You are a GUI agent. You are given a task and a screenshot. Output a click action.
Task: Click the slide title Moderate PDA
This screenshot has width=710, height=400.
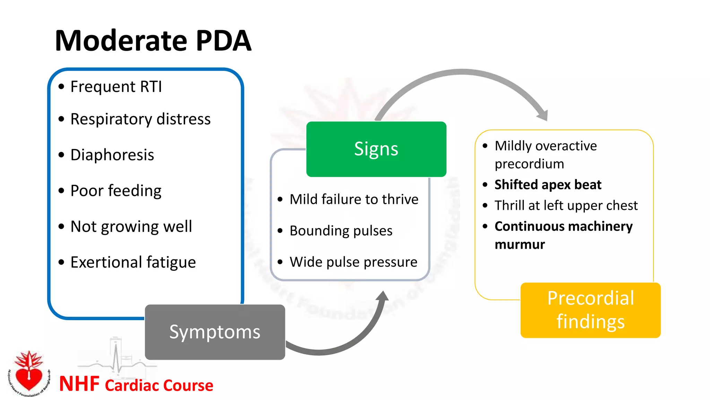point(153,41)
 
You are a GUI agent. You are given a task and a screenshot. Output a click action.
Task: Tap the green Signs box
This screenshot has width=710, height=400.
point(376,149)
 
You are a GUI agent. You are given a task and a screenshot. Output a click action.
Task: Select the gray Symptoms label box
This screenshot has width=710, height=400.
point(215,332)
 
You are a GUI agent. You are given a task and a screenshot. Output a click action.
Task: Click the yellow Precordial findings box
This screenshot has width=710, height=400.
point(590,310)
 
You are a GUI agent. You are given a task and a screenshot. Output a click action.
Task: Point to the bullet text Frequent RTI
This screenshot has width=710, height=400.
point(116,86)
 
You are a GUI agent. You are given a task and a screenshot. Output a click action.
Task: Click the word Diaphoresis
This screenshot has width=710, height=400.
point(112,155)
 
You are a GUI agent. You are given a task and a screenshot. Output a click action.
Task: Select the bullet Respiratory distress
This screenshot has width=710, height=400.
point(140,119)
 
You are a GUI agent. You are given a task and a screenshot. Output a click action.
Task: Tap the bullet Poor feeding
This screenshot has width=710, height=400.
point(116,191)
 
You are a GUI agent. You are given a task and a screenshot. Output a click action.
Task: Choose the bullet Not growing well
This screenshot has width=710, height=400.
point(131,226)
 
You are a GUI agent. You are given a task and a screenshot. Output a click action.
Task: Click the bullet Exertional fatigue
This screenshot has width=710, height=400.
point(133,262)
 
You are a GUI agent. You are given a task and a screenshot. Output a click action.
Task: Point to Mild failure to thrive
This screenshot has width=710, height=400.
point(354,199)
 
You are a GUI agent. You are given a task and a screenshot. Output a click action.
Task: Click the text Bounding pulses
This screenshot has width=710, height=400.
point(341,231)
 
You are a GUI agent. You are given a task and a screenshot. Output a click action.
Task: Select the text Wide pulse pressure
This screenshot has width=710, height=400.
point(353,262)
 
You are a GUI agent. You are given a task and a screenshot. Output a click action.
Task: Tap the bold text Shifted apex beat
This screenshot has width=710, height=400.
point(548,185)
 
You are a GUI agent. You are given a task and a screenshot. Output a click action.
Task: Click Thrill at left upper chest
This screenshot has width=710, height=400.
point(566,206)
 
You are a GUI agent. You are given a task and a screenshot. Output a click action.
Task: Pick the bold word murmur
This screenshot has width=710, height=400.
point(519,244)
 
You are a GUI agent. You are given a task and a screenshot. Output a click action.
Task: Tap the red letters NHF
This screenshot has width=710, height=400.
point(79,384)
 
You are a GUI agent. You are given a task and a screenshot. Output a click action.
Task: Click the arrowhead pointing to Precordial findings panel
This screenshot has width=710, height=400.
point(543,115)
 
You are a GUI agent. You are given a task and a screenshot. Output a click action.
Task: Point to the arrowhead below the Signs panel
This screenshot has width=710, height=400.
point(382,296)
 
